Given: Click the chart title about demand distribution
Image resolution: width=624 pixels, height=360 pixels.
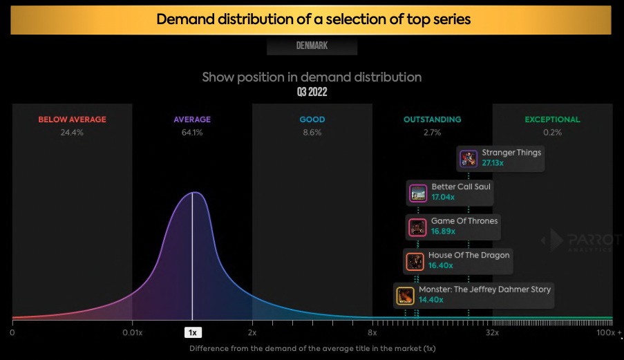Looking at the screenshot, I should pos(313,19).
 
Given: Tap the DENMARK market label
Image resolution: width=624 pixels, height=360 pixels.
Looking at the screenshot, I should pos(312,46).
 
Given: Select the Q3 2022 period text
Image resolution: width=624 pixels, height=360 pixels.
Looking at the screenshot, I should pos(312,92).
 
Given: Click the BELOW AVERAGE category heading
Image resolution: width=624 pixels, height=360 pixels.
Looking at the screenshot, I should pos(72,120).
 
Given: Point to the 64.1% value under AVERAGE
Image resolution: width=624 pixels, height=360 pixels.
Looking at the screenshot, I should pos(192,132).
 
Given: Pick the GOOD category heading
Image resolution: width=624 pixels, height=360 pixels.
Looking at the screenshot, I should pos(312,120).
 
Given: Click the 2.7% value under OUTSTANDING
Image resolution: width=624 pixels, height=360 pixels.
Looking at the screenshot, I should pos(433,132).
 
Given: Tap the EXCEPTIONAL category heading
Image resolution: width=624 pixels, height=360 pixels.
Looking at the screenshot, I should pos(552,120).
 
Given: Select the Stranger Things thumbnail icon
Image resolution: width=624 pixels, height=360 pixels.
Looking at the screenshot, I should pos(469,159).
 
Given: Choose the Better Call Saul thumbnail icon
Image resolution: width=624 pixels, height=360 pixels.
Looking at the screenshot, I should pos(417,193).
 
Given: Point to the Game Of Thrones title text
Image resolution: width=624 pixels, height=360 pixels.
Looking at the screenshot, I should pos(464,221).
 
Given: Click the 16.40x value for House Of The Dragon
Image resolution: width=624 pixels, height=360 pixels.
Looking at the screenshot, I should pos(440,265).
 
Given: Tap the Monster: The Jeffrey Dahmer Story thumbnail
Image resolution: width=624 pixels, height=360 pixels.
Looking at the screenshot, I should pos(405,296).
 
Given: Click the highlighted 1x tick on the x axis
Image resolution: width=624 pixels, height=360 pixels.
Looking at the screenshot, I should pos(193,332).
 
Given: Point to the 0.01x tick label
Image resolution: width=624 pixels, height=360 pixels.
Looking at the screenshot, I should pos(132,332).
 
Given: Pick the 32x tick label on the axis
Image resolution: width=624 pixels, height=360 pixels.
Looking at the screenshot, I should pos(492,332).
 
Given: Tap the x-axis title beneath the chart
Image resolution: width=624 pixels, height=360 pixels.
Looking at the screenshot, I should pos(312,348).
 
